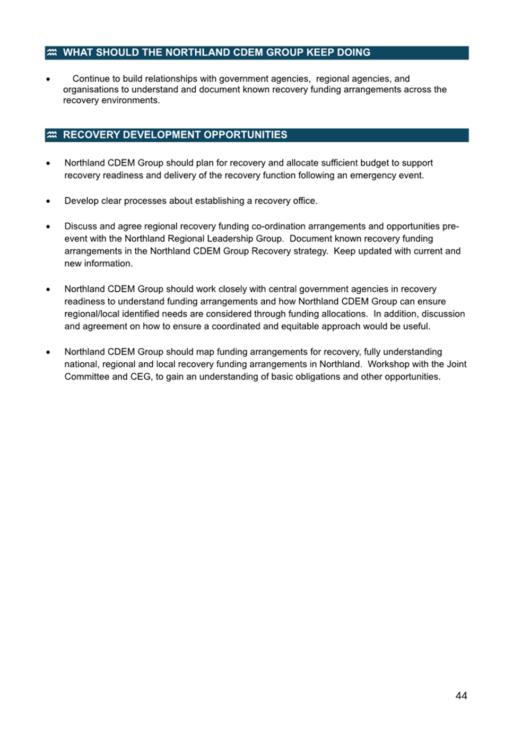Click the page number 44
(461, 695)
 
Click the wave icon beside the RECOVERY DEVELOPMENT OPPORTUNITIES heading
(52, 135)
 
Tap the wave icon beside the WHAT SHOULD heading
(52, 53)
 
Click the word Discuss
(81, 226)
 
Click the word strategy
(310, 251)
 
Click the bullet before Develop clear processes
(48, 201)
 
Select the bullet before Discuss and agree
(48, 226)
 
